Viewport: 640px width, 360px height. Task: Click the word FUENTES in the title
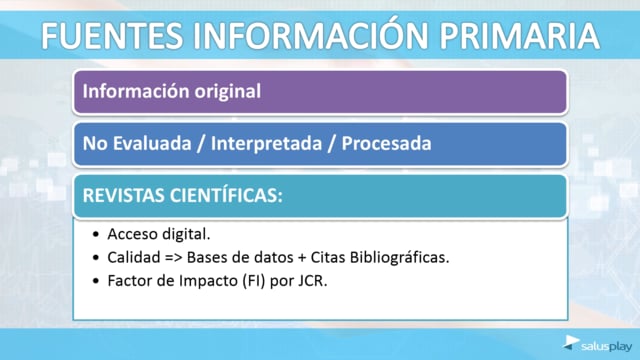click(x=112, y=36)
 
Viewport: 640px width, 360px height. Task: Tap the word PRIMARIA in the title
click(x=519, y=36)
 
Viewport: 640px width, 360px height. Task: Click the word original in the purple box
click(x=227, y=91)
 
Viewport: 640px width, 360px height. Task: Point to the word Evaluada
click(x=152, y=143)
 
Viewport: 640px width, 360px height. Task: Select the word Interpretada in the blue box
click(x=266, y=144)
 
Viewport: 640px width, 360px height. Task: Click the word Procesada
click(x=386, y=143)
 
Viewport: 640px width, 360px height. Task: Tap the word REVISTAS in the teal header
click(x=123, y=196)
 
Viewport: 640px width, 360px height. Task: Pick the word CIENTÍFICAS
click(x=226, y=195)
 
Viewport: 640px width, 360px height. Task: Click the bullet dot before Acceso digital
click(x=96, y=235)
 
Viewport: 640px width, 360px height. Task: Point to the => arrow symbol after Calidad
click(x=173, y=258)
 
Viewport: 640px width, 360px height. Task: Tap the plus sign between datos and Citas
click(x=302, y=258)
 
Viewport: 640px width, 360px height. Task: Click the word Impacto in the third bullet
click(x=208, y=281)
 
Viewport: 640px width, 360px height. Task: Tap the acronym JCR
click(x=313, y=281)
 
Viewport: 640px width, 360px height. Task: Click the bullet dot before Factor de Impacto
click(x=96, y=281)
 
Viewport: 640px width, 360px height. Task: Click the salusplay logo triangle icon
click(x=571, y=342)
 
